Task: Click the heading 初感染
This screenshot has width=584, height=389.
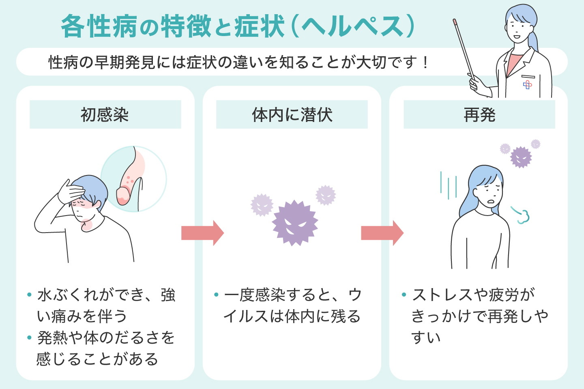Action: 105,115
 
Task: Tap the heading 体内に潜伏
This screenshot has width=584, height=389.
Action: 292,115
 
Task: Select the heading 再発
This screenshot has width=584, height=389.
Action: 479,115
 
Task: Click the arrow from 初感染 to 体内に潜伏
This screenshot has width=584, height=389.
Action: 202,233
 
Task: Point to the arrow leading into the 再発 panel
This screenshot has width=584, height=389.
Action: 382,233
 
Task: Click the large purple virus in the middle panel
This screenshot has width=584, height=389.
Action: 295,223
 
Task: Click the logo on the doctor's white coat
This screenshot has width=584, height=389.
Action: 527,84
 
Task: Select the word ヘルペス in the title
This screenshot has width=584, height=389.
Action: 353,27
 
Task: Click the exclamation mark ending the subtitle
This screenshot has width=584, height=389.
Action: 425,63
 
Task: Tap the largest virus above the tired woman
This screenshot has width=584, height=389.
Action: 521,157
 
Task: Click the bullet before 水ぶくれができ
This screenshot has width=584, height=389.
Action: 29,295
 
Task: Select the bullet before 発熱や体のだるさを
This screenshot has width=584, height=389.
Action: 29,337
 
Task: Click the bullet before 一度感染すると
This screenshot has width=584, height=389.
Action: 216,295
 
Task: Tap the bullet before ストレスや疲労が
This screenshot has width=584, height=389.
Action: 404,295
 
